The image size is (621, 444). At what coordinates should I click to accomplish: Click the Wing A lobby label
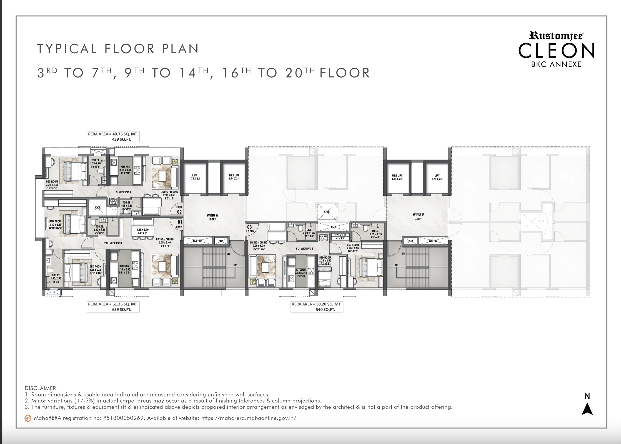[x=212, y=217]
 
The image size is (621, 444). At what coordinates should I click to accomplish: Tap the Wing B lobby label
[x=418, y=216]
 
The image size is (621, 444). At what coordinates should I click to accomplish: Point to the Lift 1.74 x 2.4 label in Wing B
[x=437, y=177]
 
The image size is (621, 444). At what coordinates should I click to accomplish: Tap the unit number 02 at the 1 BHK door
[x=179, y=212]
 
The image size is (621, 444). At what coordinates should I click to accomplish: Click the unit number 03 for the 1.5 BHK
[x=249, y=227]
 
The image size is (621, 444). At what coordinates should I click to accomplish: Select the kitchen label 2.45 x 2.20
[x=125, y=169]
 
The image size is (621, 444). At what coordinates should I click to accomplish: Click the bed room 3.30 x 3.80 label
[x=55, y=225]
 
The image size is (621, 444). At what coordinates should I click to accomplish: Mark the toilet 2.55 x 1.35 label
[x=375, y=234]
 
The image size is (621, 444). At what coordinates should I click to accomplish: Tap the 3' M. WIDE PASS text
[x=113, y=243]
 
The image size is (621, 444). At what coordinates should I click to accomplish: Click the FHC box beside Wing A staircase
[x=221, y=241]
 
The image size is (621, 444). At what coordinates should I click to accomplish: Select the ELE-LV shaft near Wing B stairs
[x=433, y=241]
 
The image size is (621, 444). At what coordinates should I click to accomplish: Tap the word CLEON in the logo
[x=556, y=51]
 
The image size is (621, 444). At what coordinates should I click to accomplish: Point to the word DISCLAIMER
[x=41, y=388]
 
